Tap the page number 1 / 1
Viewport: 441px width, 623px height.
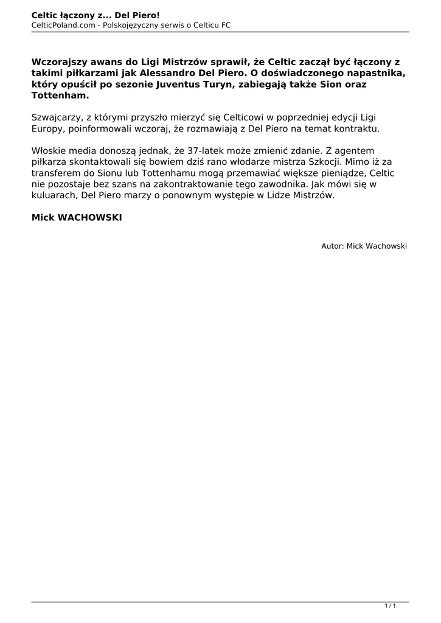(391, 606)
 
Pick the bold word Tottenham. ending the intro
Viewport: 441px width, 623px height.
(60, 96)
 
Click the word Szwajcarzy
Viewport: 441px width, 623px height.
(55, 117)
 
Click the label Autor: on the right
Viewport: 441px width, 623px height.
(333, 246)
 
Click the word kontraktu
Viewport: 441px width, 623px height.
(358, 129)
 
